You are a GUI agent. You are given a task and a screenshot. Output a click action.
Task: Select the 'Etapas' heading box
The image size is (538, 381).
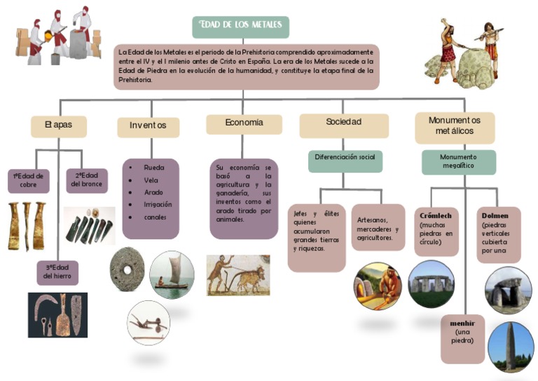(59, 126)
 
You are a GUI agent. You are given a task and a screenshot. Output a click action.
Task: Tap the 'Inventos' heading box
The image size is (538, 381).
(148, 127)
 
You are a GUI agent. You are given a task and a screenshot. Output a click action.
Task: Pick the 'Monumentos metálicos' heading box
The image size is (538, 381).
(454, 127)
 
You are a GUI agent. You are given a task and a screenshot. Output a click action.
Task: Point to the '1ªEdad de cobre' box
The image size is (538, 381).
(28, 180)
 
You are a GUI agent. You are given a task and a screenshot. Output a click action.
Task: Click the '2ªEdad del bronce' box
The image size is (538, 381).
(86, 180)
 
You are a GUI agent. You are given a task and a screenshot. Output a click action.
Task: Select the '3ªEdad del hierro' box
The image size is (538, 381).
(57, 272)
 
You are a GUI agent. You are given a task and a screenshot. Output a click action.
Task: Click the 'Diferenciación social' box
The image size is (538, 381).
(345, 159)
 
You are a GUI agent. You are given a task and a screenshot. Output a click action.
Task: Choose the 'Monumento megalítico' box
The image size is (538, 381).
(458, 162)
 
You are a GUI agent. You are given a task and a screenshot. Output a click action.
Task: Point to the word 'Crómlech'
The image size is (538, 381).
(436, 214)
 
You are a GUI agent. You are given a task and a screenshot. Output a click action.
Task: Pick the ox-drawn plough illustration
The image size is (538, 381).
(238, 274)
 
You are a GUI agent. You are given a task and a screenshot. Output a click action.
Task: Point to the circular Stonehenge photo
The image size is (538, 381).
(430, 283)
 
